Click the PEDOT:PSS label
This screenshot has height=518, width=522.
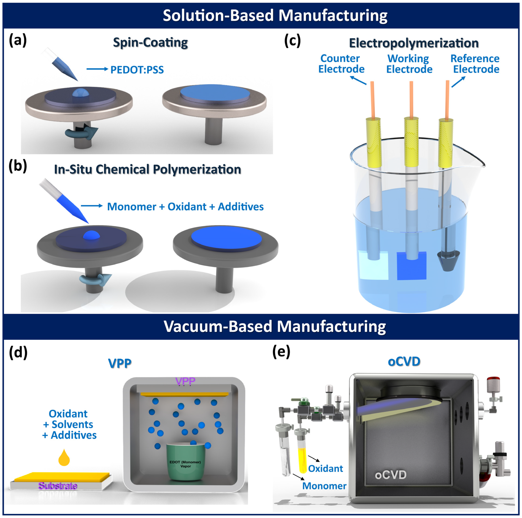(x=137, y=70)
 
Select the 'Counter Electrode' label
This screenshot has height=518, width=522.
(x=341, y=64)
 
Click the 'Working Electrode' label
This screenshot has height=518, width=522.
(x=409, y=64)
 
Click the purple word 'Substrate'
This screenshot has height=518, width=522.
(x=58, y=486)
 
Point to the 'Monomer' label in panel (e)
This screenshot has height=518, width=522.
(x=324, y=486)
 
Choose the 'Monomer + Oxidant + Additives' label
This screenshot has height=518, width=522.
(x=185, y=207)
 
